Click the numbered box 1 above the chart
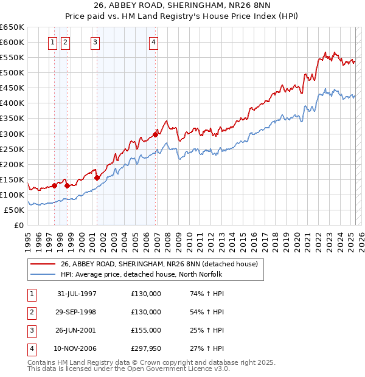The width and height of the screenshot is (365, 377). point(52,42)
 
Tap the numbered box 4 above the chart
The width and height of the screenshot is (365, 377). point(153,42)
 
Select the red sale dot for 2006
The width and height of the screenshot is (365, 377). point(156,134)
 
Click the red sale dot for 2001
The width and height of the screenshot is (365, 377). point(97,178)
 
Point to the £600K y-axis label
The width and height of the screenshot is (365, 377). point(12,42)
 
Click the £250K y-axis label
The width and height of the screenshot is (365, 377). point(12,149)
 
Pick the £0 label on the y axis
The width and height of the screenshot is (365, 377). point(18,225)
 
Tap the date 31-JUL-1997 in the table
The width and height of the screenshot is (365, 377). point(77,294)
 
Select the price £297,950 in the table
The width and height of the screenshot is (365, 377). point(146,348)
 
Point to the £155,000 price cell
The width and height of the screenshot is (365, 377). point(146,330)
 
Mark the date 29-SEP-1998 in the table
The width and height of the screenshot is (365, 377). point(77,312)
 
